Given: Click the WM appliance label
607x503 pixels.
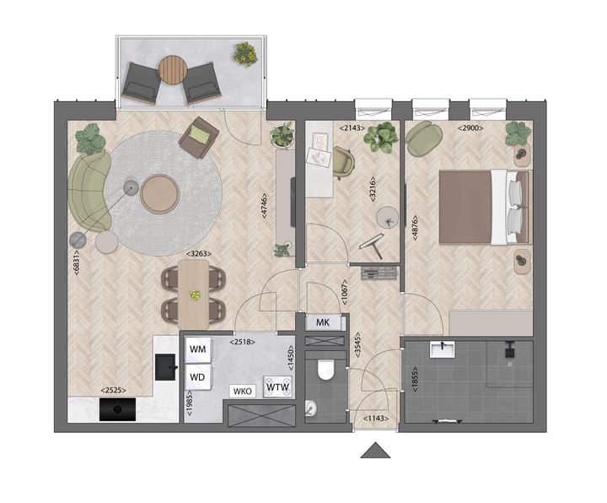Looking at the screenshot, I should point(198,349).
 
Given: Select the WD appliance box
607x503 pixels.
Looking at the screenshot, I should point(198,376).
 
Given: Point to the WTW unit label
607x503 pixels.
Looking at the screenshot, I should point(277,387).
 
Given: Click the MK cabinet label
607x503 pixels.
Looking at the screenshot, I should point(322,322).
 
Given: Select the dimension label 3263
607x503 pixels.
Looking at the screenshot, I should point(198,253).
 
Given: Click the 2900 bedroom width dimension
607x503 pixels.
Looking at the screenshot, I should point(470,127).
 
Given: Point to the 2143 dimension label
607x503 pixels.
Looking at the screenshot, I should point(349,127).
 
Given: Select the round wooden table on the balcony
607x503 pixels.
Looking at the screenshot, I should point(171,69).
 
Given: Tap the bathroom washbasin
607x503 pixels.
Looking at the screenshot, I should point(441,349).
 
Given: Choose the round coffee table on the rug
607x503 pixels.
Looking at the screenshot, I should point(160,193).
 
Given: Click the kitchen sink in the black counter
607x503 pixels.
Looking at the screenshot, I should point(165,365).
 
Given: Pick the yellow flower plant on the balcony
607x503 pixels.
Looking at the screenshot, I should point(245,54).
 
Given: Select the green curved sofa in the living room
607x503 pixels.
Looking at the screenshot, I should point(89,191).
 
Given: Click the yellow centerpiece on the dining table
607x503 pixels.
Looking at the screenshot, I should point(195,295).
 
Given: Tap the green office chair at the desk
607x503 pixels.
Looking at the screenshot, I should point(343,160).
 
